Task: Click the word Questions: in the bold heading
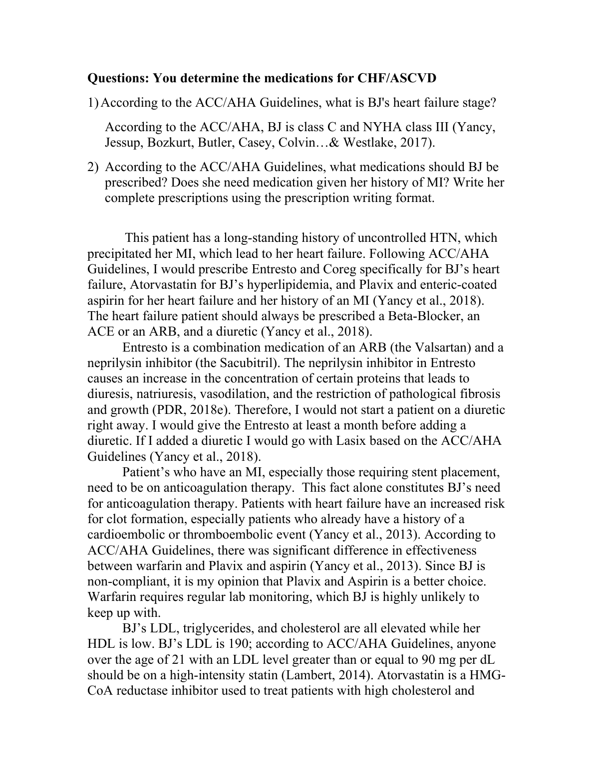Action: [x=118, y=78]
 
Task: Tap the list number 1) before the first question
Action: [x=93, y=103]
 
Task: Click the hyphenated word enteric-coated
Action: [x=456, y=285]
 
